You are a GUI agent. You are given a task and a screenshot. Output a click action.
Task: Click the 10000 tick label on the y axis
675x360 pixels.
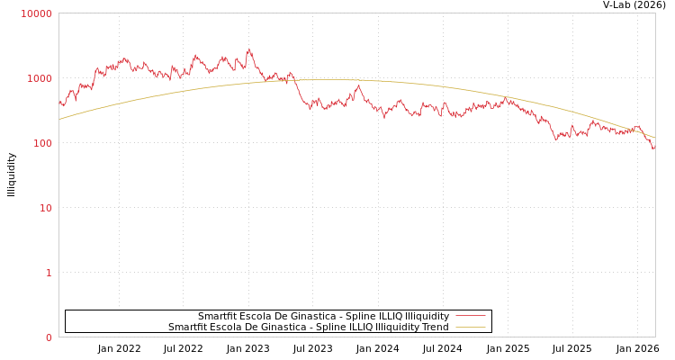coord(36,13)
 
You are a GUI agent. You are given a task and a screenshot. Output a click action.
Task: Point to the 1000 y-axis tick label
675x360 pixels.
coord(39,78)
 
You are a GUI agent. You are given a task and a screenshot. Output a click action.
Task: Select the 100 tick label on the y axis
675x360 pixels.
coord(41,143)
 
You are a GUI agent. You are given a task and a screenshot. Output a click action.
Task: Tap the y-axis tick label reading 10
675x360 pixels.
coord(45,208)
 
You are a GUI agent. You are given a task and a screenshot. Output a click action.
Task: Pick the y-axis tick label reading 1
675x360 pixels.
coord(49,273)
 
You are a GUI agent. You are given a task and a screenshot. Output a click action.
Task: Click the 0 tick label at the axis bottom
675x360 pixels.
coord(49,337)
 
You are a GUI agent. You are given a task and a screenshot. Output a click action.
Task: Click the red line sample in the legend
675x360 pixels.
coord(470,316)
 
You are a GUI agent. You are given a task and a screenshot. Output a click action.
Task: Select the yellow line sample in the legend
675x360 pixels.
coord(470,327)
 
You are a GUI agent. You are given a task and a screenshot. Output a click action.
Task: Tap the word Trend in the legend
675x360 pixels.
coord(434,327)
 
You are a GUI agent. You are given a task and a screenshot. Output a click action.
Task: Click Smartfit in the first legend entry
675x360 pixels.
coord(218,316)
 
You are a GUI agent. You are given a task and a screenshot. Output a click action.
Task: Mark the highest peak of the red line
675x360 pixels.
coord(249,49)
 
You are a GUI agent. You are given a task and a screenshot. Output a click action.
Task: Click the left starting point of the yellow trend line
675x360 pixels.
coord(59,119)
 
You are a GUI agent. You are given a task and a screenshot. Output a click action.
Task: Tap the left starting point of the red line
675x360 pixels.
coord(59,102)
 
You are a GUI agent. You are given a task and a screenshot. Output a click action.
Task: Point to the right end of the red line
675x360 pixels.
coord(654,148)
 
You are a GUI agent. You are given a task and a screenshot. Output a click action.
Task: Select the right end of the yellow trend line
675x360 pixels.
coord(654,137)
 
